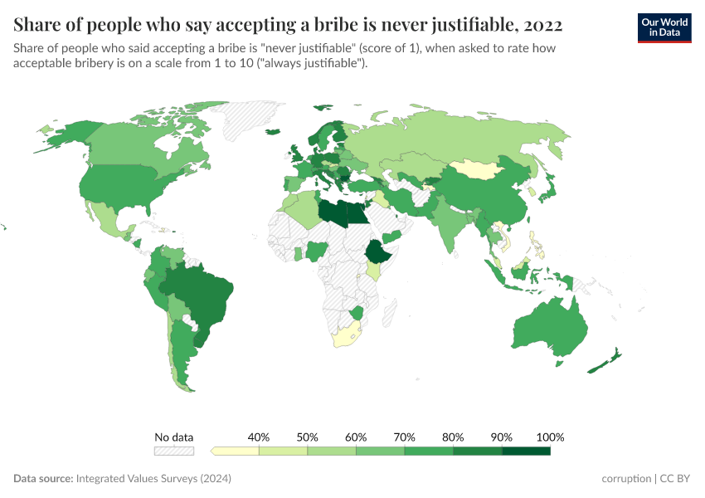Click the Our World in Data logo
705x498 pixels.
point(664,27)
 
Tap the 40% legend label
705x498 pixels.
point(259,437)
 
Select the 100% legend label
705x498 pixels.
point(550,437)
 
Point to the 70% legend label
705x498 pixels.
point(405,437)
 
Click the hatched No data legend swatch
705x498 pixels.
point(173,451)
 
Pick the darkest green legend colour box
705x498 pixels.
point(526,451)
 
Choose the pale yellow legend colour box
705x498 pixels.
point(236,451)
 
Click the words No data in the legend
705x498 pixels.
point(173,437)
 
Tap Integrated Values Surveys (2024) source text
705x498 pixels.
point(153,479)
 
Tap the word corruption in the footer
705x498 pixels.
point(626,479)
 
